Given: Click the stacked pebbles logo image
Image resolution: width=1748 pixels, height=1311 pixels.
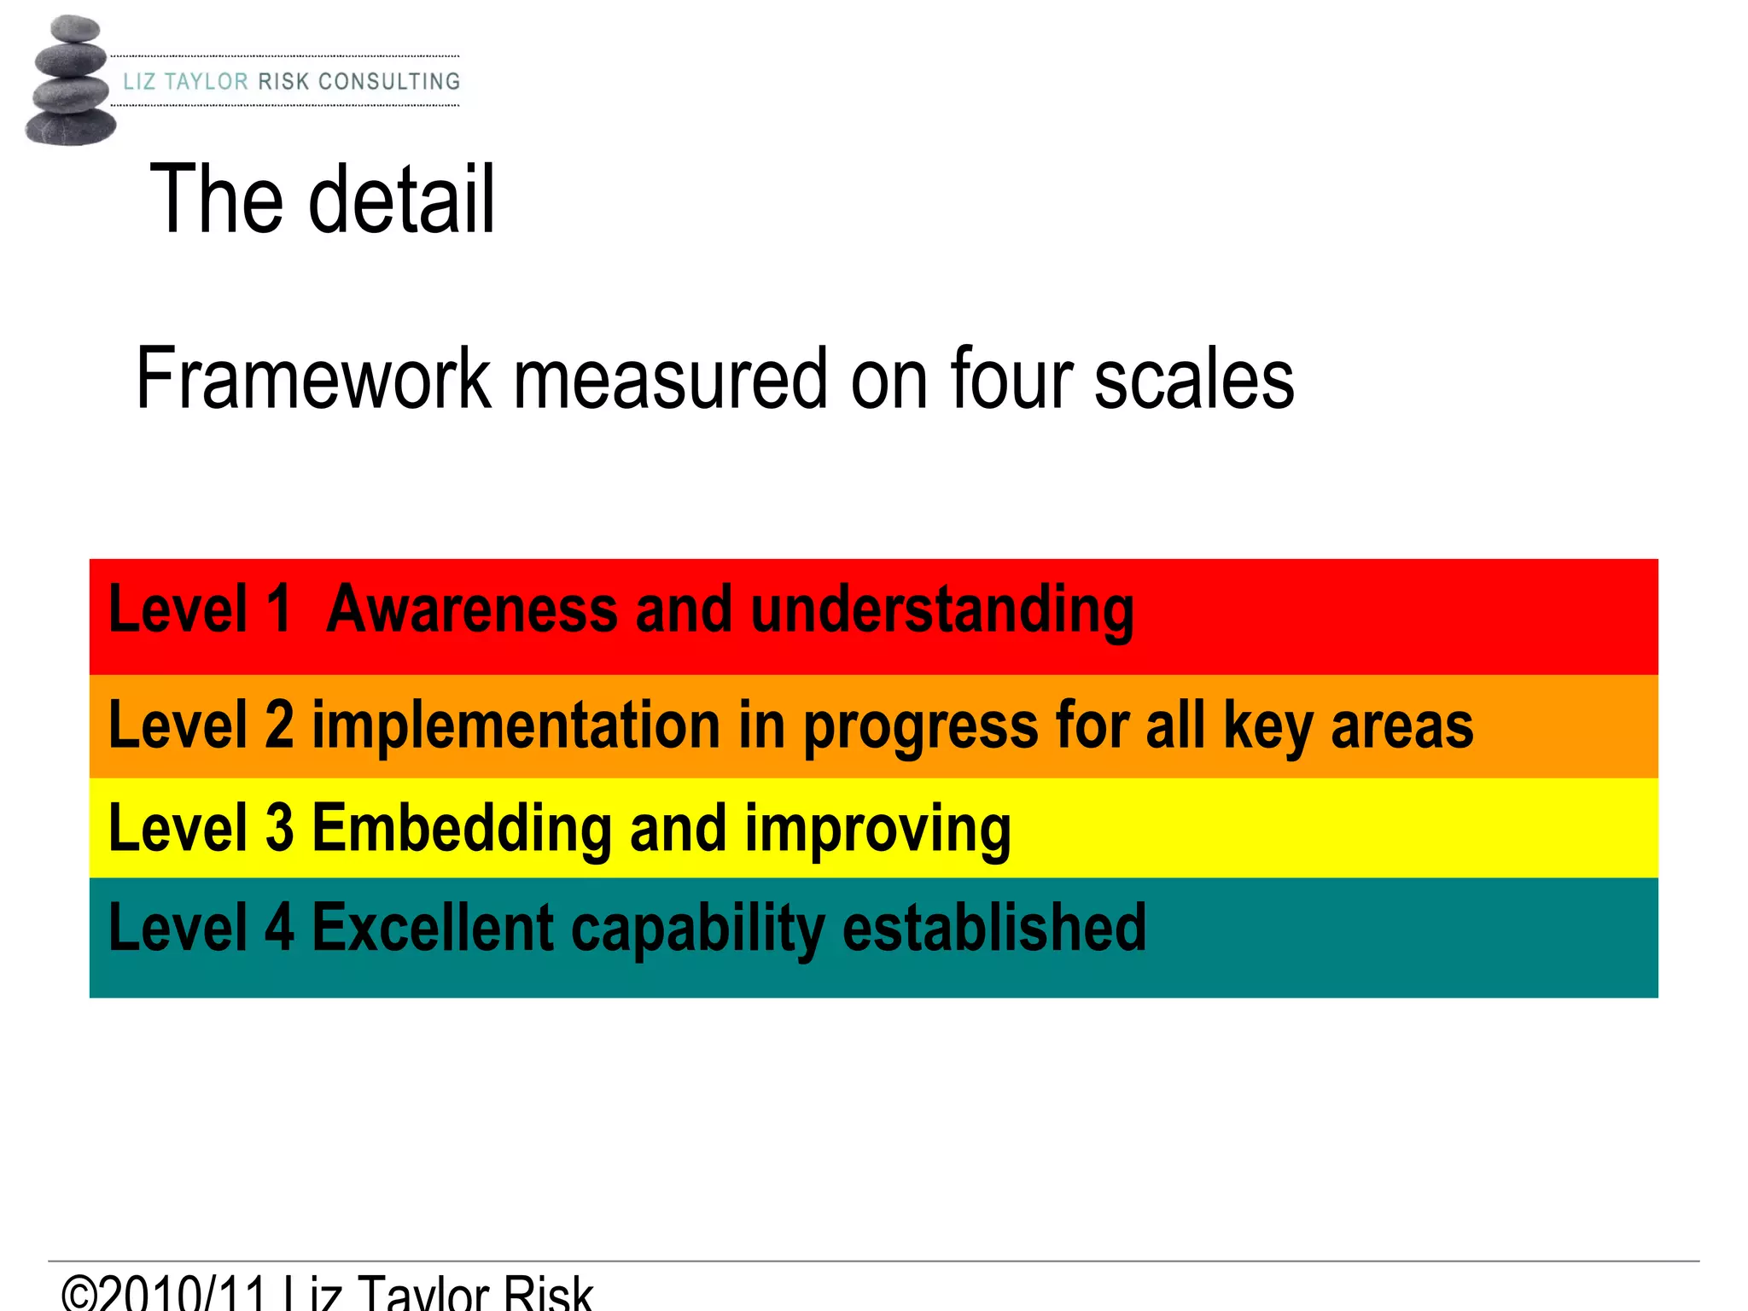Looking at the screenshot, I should point(70,80).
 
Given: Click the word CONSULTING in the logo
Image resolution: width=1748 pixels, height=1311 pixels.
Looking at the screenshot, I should point(388,82).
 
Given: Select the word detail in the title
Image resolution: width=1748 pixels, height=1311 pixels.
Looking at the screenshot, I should point(401,200).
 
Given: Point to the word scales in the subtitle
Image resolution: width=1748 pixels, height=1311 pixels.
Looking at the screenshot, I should point(1194,379).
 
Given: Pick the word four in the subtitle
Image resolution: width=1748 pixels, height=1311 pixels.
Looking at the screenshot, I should point(1012,379).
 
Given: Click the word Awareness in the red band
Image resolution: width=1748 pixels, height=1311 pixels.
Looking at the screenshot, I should point(472,609).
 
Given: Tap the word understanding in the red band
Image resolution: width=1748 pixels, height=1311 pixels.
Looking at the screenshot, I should point(942,611).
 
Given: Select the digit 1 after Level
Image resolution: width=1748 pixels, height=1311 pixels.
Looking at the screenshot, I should point(278,609).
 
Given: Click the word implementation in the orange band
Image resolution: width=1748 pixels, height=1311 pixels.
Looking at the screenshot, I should point(516,726).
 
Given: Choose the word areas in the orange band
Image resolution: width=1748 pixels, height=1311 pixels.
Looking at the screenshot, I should point(1401,726).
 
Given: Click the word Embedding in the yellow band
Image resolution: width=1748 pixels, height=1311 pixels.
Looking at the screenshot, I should point(462,829).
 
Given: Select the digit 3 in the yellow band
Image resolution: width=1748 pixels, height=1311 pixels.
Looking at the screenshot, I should point(279,829).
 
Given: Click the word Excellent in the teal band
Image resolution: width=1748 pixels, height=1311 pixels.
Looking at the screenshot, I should point(434,929).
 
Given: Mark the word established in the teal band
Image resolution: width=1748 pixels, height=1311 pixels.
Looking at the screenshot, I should point(994,929).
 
